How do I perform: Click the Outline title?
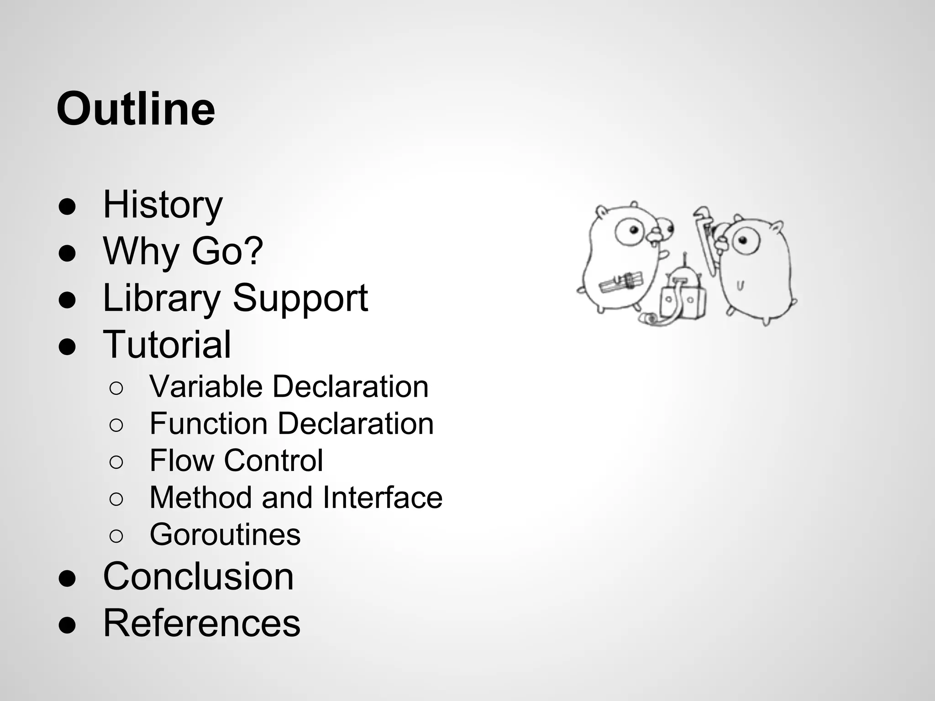(136, 110)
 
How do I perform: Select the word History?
(163, 205)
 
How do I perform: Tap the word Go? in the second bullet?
(227, 251)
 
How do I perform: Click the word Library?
(162, 298)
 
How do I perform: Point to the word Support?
(300, 298)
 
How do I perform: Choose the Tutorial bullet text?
(167, 345)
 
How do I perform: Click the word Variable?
(206, 387)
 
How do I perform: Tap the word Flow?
(182, 460)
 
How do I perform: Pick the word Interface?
(383, 497)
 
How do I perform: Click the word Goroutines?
(225, 534)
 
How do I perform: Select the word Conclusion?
(198, 576)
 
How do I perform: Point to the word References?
(202, 623)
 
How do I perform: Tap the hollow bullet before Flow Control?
(116, 462)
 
